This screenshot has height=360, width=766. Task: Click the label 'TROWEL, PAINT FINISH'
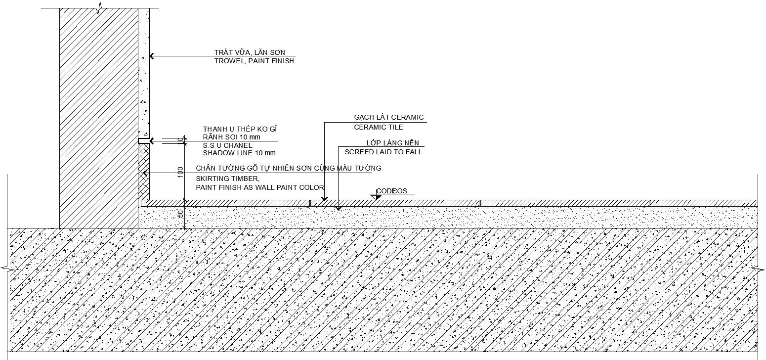coord(254,61)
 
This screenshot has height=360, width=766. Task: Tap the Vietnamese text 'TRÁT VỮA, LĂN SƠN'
coord(250,52)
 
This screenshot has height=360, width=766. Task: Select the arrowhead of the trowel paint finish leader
coord(152,56)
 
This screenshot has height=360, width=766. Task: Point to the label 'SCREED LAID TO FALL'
coord(383,152)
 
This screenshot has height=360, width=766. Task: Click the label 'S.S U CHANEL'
coord(227,145)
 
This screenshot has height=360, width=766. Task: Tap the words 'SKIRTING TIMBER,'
coord(227,179)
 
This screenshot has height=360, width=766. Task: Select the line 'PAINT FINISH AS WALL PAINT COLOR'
coord(259,187)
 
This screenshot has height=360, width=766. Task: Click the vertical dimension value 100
coord(181,172)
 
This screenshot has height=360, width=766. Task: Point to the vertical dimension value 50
coord(181,214)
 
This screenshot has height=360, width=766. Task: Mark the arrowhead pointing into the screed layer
coord(339,208)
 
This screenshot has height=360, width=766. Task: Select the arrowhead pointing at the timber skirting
coord(145,173)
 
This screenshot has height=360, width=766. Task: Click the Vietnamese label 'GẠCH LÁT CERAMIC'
coord(388,118)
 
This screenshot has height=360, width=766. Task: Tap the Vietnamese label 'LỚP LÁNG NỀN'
coord(392,143)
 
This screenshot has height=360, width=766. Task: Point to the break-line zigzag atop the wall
coord(100,8)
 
